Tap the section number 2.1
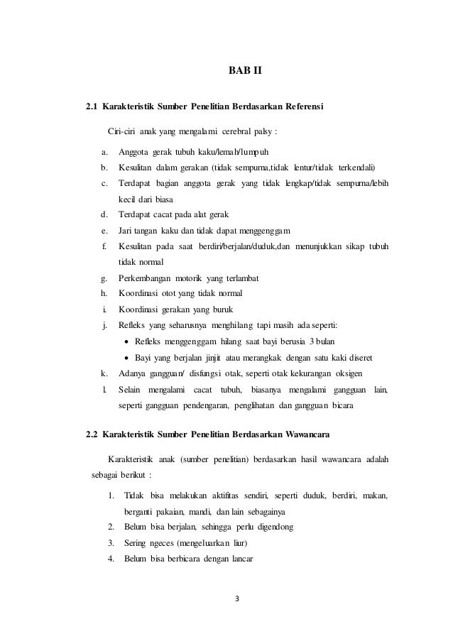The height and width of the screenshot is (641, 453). coord(92,108)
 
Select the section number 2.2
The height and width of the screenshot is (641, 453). coord(92,433)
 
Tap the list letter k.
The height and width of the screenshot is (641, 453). coord(104,373)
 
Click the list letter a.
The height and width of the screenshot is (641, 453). coord(104,152)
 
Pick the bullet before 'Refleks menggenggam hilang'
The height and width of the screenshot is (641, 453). coord(126,341)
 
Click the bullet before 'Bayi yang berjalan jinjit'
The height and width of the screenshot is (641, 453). coord(126,357)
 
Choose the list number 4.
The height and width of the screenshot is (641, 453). coord(111,558)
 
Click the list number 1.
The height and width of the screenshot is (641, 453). coord(111,495)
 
